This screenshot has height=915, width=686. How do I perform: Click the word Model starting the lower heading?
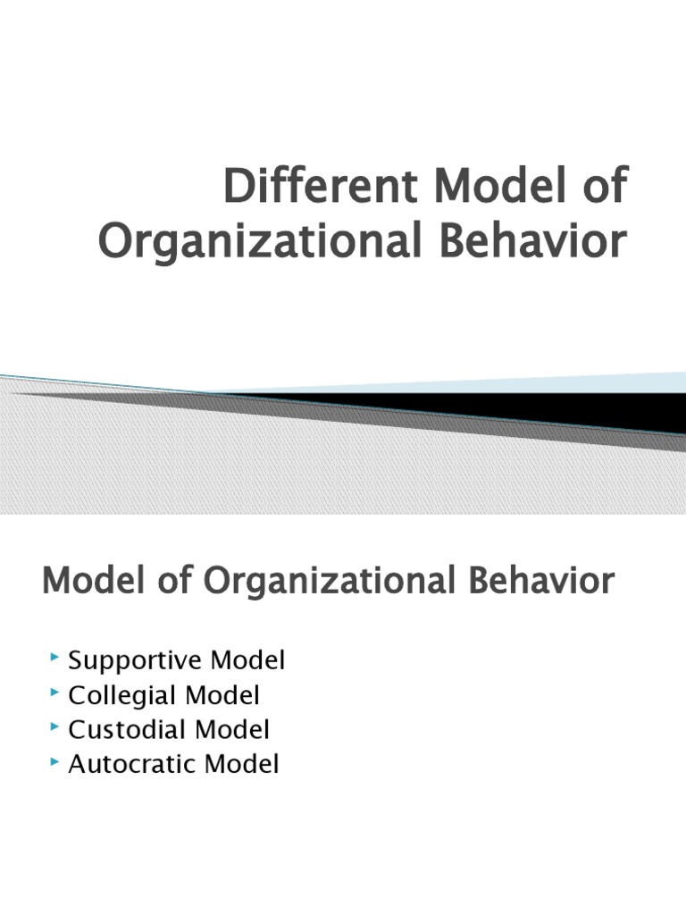point(84,582)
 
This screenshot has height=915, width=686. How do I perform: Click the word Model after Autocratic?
point(242,765)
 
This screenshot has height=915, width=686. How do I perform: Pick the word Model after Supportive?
point(248,661)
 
